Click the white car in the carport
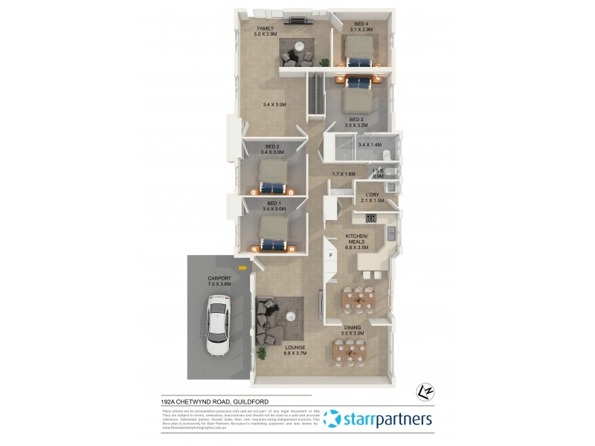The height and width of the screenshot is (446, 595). coord(218,325)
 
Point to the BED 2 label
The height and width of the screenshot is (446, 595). coord(272,148)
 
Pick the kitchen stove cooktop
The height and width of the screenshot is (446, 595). coord(370,218)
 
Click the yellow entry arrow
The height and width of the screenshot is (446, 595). coord(242,268)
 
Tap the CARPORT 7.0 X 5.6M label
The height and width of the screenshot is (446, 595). coord(220,281)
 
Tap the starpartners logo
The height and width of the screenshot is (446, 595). coord(378,419)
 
